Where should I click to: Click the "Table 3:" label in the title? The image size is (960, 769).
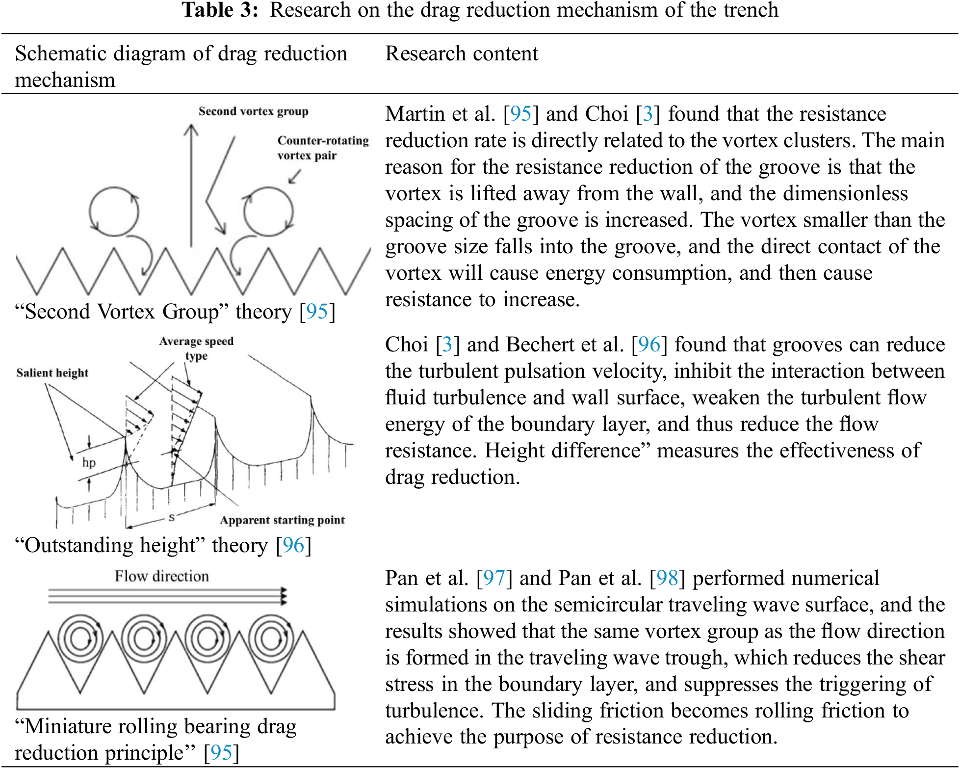(x=220, y=10)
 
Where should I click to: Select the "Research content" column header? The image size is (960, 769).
(x=461, y=53)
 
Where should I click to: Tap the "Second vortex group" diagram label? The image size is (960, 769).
(x=253, y=111)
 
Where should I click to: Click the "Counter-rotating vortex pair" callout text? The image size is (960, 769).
(x=322, y=148)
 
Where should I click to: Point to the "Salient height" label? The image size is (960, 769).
(x=52, y=373)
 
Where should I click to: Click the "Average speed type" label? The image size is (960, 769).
(x=196, y=348)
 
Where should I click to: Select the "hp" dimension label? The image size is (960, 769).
(x=89, y=462)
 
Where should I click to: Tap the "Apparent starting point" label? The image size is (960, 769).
(x=282, y=520)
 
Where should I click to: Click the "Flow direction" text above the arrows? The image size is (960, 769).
(x=162, y=576)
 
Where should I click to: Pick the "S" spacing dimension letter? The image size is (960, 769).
(x=171, y=517)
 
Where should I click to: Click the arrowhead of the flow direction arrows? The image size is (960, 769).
(x=283, y=596)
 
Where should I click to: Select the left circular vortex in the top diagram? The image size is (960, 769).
(x=114, y=212)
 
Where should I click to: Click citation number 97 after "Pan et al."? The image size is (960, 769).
(x=494, y=578)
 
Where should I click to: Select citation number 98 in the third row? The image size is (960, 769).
(x=667, y=578)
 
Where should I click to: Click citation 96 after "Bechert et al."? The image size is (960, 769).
(x=649, y=345)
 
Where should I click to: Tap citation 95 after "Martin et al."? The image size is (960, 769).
(x=521, y=114)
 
